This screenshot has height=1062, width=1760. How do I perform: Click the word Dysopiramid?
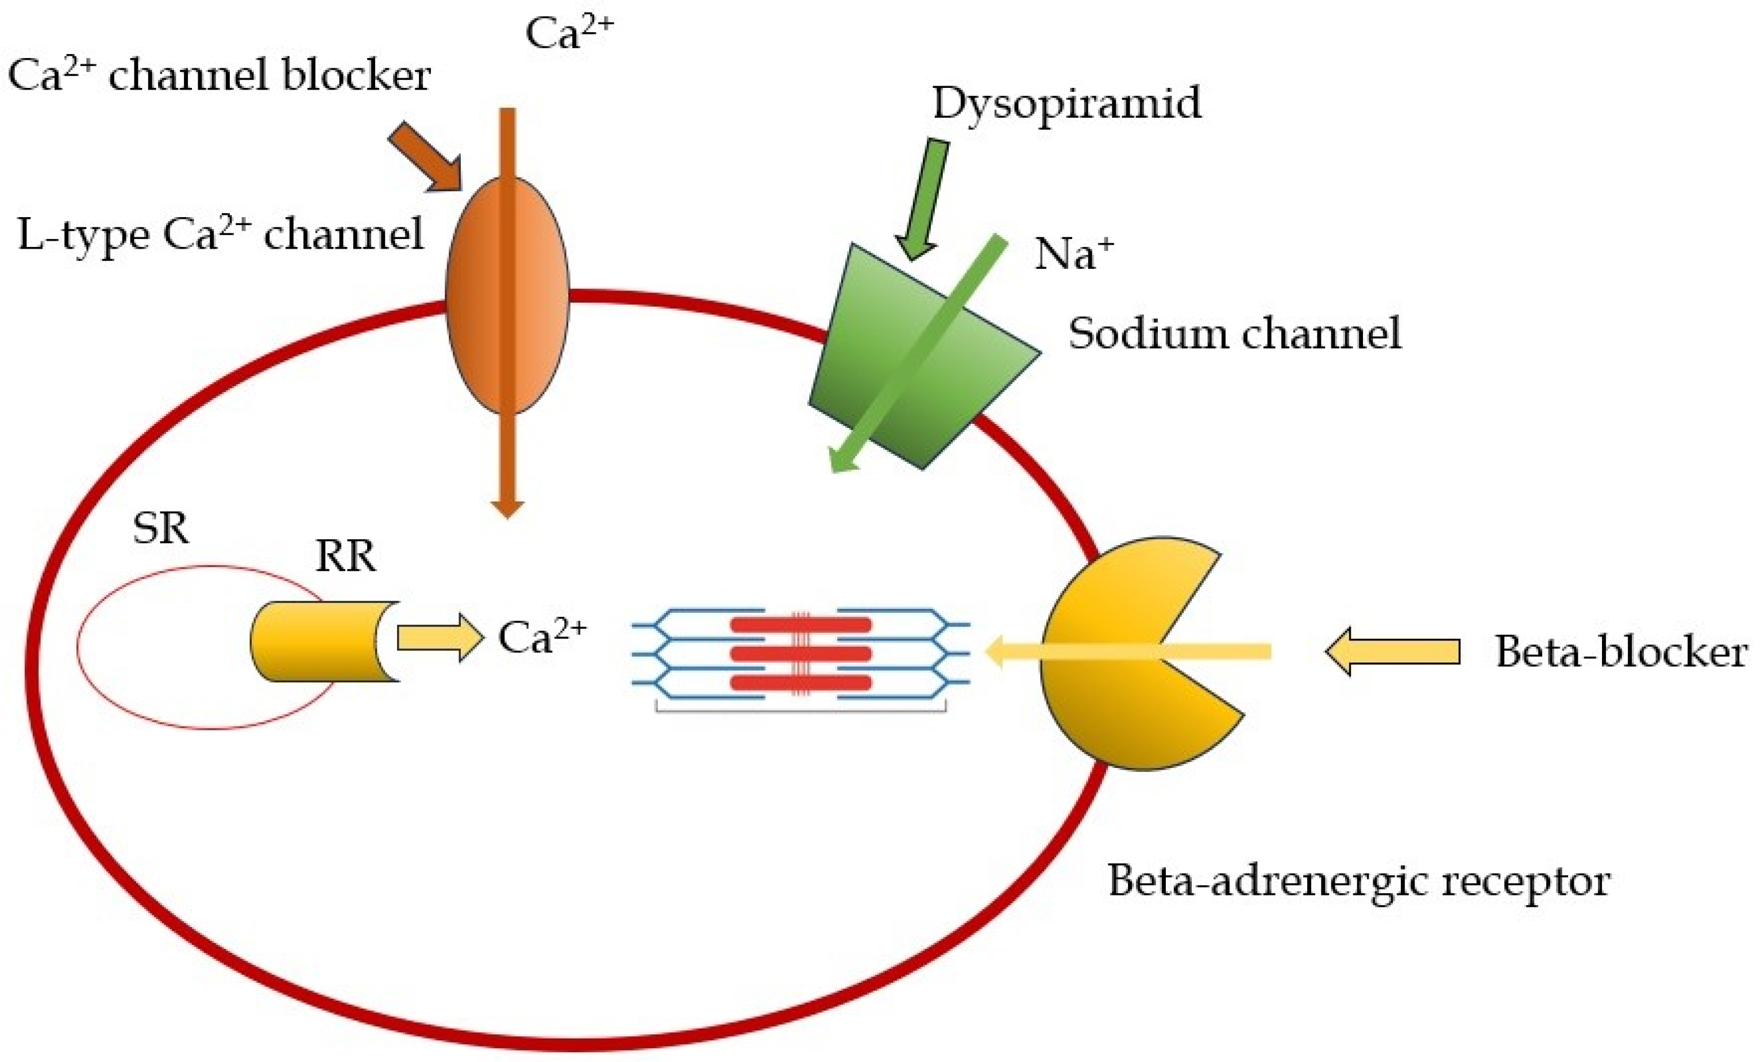(1066, 103)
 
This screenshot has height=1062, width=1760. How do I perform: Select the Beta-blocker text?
(1620, 652)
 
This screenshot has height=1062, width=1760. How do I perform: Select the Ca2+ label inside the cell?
(541, 637)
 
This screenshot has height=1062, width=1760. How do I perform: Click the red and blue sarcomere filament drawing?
(800, 654)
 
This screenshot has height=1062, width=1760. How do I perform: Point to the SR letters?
(161, 529)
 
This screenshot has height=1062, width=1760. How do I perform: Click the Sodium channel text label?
(1234, 334)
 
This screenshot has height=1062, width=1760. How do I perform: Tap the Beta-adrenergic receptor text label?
(1358, 881)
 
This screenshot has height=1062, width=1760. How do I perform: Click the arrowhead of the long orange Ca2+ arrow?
(507, 508)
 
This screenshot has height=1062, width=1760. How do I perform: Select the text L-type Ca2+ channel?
(220, 234)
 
